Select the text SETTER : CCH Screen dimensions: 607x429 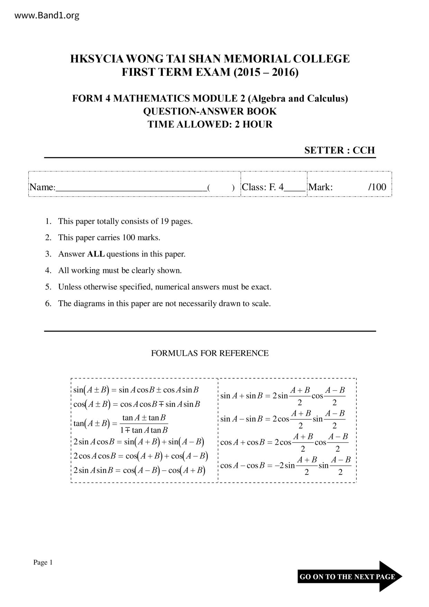tap(339, 150)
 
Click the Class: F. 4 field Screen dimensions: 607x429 tap(273, 187)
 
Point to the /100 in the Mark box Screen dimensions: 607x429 tap(377, 187)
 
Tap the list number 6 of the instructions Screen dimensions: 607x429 tap(48, 303)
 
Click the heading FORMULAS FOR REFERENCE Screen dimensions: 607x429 tap(210, 353)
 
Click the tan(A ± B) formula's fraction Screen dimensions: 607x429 tap(144, 424)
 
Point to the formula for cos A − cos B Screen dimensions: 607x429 tap(285, 465)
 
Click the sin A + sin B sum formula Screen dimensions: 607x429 tap(283, 396)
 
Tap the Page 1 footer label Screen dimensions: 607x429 tap(43, 563)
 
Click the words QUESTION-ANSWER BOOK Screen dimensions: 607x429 tap(210, 111)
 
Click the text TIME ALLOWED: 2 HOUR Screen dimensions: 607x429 tap(210, 124)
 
